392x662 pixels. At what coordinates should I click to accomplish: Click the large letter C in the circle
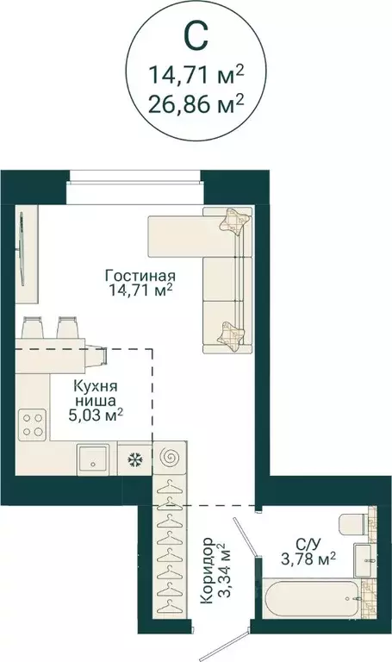tap(196, 37)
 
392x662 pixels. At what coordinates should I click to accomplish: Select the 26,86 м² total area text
tap(196, 105)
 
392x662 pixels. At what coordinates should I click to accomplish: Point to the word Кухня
tap(96, 387)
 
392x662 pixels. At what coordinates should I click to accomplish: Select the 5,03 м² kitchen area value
tap(96, 415)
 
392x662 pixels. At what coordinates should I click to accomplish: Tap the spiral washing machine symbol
tap(167, 458)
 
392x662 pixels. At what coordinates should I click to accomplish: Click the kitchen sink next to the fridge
tap(93, 459)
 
